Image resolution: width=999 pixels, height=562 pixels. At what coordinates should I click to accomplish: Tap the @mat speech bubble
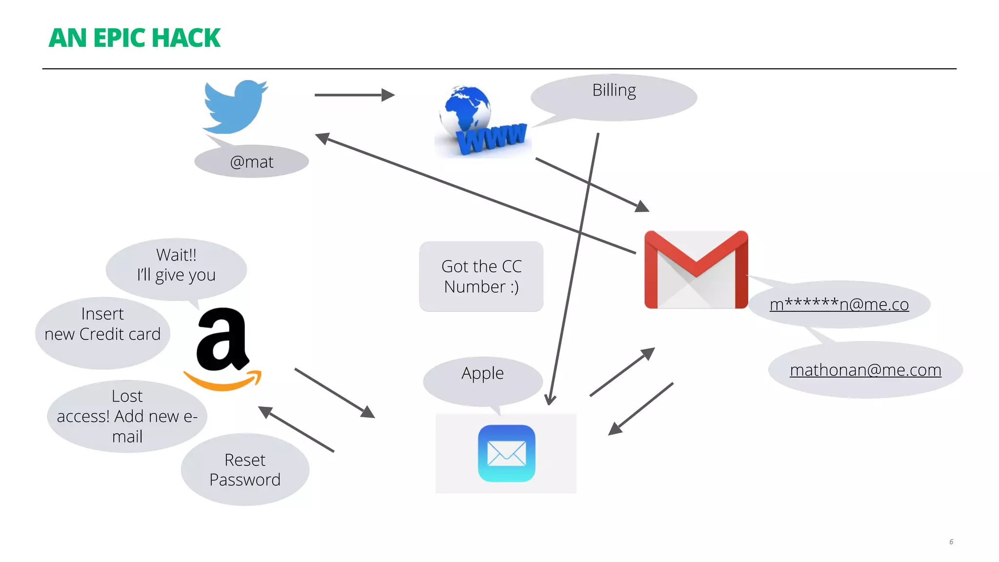[x=252, y=162]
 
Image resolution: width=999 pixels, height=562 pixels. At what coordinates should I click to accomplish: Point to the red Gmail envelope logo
[x=696, y=269]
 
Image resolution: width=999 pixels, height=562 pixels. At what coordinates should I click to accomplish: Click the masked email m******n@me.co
[x=839, y=304]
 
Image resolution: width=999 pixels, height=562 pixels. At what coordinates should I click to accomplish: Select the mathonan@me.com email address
[x=865, y=370]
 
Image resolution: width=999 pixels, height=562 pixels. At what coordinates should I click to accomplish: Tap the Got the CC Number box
[x=481, y=277]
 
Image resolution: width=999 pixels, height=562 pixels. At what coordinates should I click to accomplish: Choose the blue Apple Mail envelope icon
[x=506, y=453]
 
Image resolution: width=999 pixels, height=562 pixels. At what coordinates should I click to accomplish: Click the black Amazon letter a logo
[x=222, y=340]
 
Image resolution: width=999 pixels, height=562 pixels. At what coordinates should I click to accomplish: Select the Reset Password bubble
[x=245, y=470]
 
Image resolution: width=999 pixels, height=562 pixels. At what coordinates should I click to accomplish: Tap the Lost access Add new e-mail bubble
[x=127, y=416]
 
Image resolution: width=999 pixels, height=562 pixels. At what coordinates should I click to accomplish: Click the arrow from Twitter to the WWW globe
[x=354, y=95]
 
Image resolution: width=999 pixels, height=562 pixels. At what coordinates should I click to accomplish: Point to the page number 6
[x=951, y=542]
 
